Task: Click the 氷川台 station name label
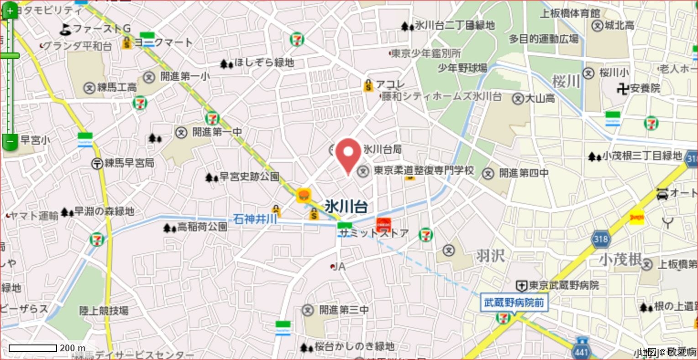pos(346,206)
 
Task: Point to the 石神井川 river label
pos(255,219)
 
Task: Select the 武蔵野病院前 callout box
pos(514,303)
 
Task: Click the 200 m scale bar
pos(33,348)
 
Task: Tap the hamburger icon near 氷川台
pos(304,195)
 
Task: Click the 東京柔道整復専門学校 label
pos(424,171)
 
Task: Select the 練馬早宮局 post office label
pos(129,163)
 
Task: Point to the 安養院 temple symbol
pos(622,88)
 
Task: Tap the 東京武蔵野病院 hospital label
pos(564,286)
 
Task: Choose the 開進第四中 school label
pos(523,173)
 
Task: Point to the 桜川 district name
pos(566,82)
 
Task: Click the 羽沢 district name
pos(490,256)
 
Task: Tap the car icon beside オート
pos(662,193)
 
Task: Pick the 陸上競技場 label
pos(104,311)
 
